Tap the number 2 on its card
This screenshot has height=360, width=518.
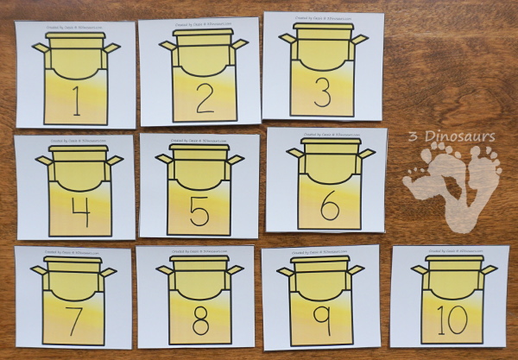click(204, 98)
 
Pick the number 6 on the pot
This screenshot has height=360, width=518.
click(329, 208)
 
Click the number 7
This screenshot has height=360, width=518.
click(74, 321)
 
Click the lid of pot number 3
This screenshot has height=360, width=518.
click(323, 28)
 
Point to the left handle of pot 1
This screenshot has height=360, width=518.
click(40, 47)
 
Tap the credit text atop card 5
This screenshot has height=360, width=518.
click(199, 138)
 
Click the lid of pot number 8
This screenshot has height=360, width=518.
click(199, 260)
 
